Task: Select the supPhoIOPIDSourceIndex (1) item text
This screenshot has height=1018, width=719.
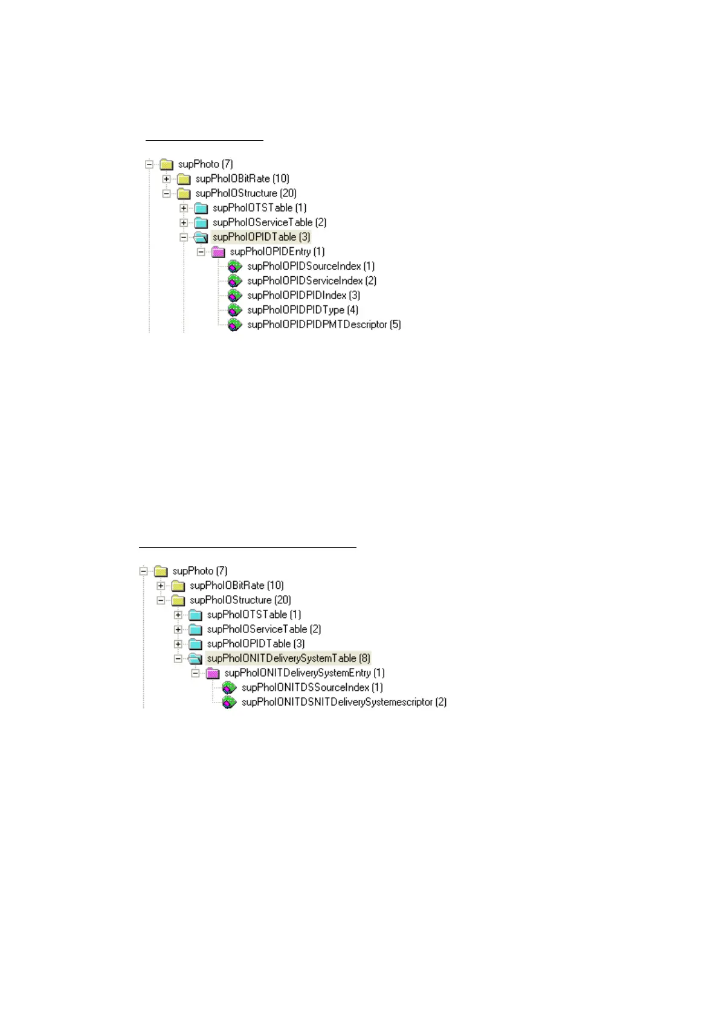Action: [311, 266]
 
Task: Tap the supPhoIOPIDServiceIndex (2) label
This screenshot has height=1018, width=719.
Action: [312, 280]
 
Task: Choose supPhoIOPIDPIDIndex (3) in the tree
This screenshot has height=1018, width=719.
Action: [303, 295]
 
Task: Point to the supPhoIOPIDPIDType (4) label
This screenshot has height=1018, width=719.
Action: [302, 310]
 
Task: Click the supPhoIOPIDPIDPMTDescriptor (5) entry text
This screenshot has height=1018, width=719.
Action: [324, 325]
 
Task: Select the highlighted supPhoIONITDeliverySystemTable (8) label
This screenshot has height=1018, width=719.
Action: [288, 658]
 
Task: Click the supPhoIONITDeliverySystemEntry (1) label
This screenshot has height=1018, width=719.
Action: [304, 673]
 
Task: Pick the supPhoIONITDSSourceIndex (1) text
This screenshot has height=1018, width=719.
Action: [312, 687]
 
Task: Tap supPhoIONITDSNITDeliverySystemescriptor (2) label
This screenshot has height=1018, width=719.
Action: [344, 702]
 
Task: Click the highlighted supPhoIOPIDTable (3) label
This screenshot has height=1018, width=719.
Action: [261, 237]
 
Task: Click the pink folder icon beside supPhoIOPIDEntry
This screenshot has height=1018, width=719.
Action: [219, 251]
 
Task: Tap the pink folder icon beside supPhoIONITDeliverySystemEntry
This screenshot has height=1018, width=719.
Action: [213, 673]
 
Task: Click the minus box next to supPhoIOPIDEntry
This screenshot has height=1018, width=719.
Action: [201, 251]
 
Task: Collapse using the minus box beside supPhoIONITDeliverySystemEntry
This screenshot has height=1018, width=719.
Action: [195, 673]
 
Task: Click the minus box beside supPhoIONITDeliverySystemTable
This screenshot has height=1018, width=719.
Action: [178, 658]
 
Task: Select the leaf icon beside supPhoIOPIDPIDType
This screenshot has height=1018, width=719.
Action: [234, 310]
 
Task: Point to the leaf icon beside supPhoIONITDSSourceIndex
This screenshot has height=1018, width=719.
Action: [228, 687]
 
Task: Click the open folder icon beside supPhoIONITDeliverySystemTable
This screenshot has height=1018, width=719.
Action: [195, 658]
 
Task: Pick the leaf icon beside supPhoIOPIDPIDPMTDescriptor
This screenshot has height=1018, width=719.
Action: [234, 325]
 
